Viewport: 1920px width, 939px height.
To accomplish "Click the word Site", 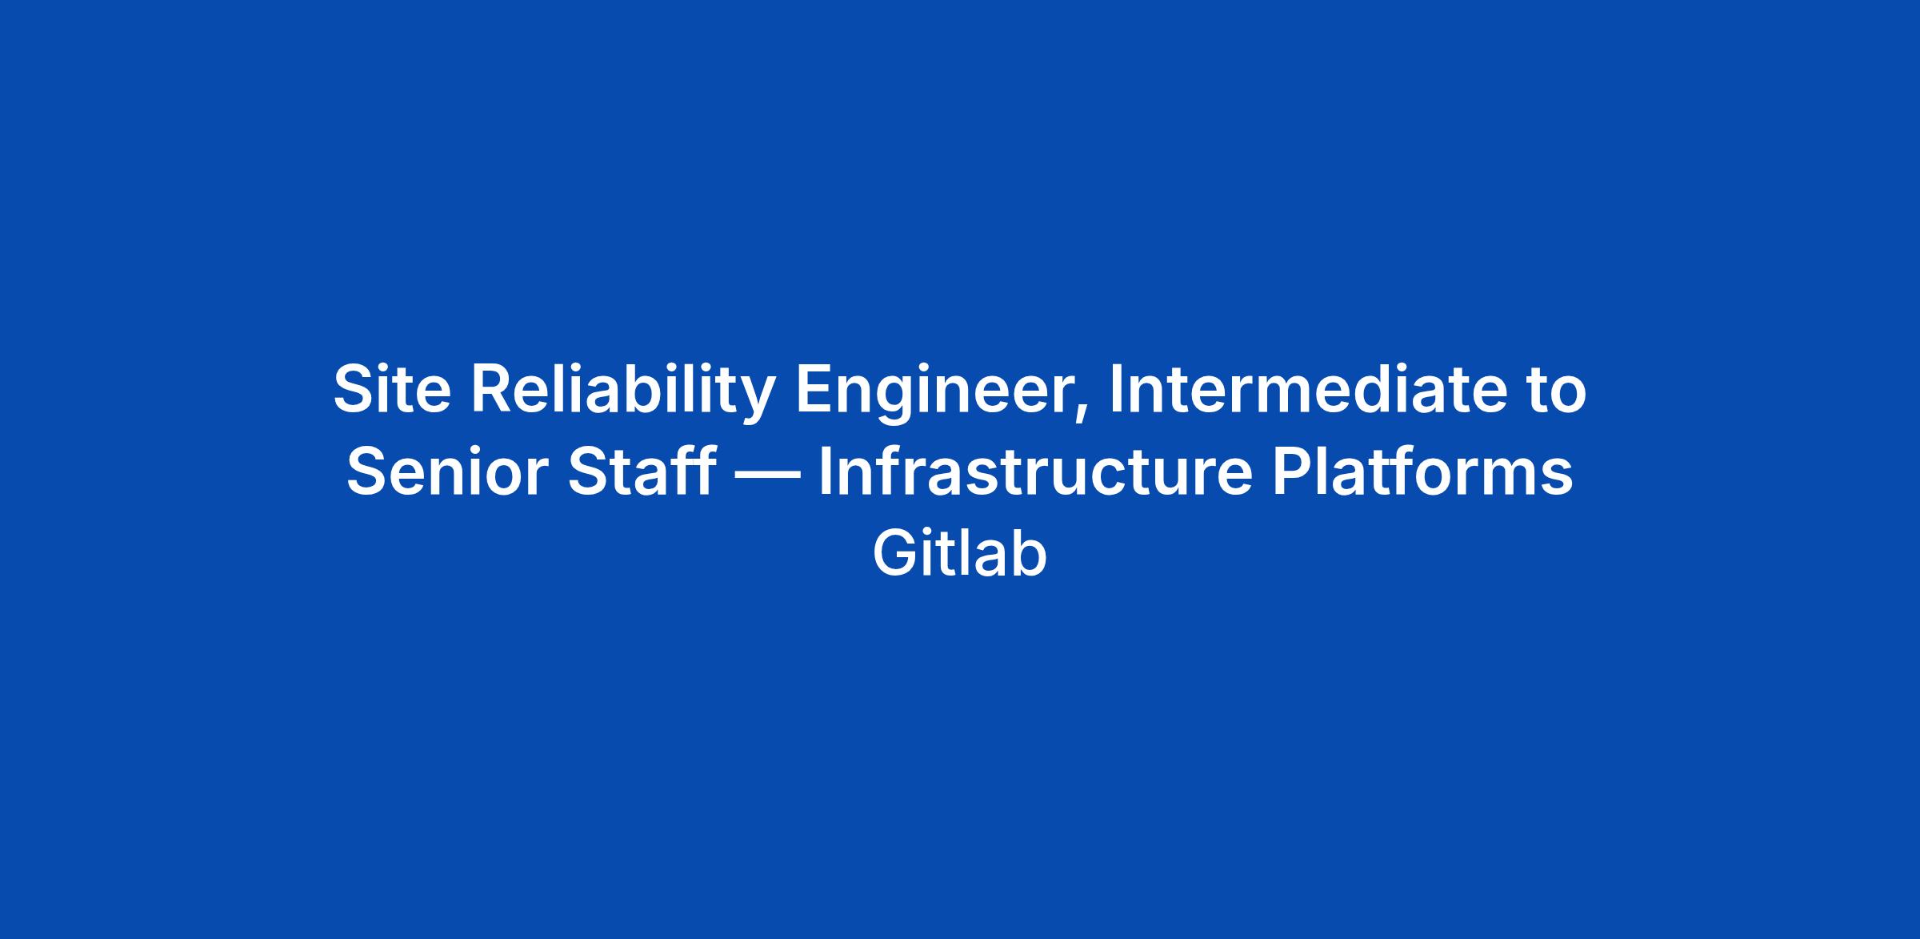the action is (x=392, y=390).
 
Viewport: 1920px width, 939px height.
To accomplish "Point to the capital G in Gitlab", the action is (x=897, y=553).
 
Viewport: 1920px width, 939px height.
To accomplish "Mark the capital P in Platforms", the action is (x=1291, y=472).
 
